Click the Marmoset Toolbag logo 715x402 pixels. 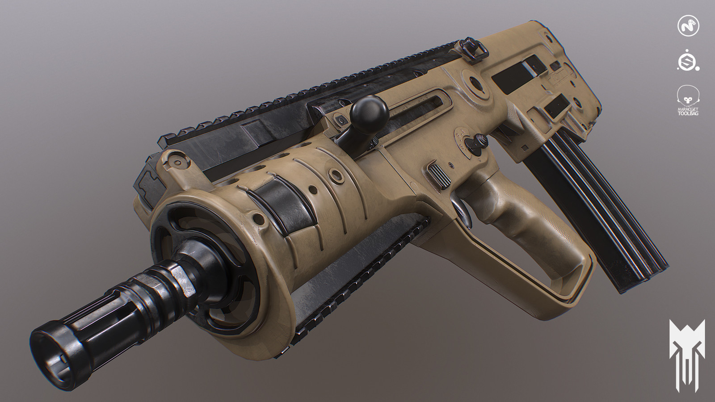[688, 100]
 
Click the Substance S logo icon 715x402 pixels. [688, 62]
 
